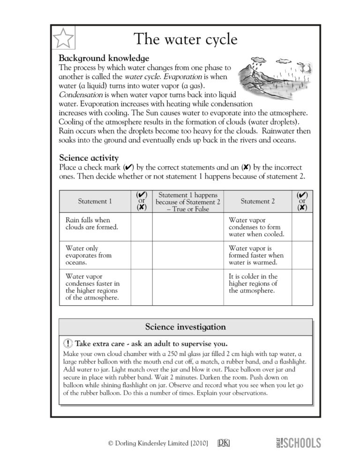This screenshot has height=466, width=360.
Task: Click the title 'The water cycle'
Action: pos(185,39)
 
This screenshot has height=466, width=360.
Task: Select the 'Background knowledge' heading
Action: pos(104,59)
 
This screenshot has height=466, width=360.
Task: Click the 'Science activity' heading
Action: pos(89,158)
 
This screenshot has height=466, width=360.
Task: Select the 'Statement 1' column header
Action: pos(95,202)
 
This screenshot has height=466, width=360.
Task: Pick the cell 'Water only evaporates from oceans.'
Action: pos(89,256)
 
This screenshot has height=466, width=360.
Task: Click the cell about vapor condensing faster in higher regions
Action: pos(92,287)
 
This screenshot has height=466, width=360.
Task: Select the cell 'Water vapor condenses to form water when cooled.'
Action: pos(256,227)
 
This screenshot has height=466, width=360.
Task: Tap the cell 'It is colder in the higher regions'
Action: pos(253,283)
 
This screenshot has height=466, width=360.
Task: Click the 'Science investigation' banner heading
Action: pos(185,327)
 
